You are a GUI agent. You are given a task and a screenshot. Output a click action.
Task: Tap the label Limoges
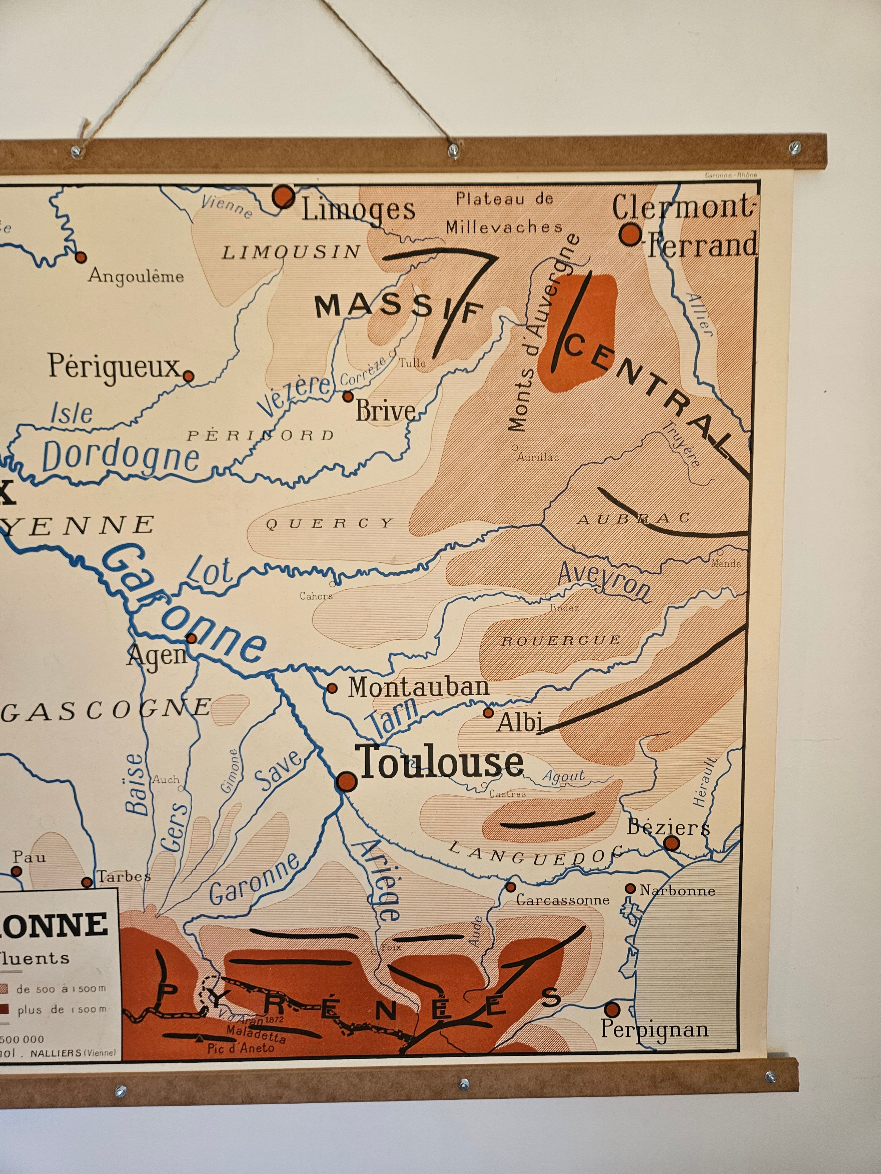click(x=359, y=210)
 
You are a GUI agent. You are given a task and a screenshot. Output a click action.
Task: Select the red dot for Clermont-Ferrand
click(x=630, y=234)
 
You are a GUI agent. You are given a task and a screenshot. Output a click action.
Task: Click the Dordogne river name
click(x=120, y=458)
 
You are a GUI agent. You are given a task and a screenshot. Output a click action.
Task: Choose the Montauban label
click(x=418, y=687)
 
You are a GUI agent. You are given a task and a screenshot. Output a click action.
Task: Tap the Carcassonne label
click(x=562, y=900)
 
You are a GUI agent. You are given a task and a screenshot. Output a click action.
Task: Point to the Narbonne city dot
click(x=630, y=888)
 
